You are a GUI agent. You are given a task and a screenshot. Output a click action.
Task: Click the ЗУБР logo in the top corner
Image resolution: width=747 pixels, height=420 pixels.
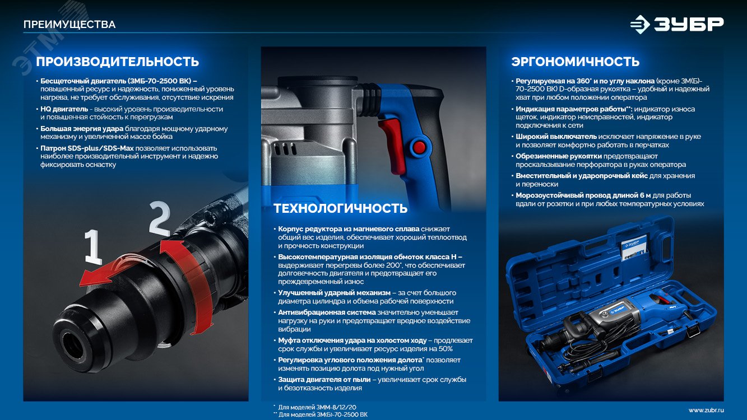pos(676,25)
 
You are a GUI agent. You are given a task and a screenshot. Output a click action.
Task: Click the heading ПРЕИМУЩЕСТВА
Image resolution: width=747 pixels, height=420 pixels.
pos(69,25)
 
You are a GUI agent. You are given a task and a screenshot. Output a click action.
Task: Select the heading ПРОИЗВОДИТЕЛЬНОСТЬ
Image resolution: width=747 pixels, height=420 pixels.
pos(117,62)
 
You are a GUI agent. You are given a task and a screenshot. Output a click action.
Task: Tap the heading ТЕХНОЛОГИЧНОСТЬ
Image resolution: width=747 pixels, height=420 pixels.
pos(340,209)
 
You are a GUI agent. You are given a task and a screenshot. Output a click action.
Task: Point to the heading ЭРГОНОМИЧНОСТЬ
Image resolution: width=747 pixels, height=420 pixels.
pos(575,62)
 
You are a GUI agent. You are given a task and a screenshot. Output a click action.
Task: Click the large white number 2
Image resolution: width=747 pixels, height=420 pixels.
pos(159,220)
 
